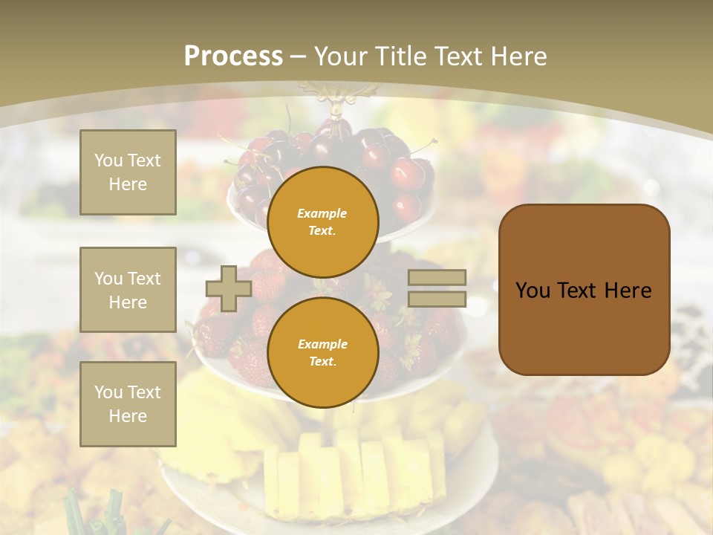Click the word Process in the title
click(x=233, y=56)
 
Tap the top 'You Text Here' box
click(x=128, y=172)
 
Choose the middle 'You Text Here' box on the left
click(x=128, y=290)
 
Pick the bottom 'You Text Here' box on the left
click(x=128, y=403)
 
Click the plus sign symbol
click(x=229, y=288)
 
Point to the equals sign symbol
click(x=437, y=288)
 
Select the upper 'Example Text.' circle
click(x=322, y=221)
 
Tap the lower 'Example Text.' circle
click(x=322, y=352)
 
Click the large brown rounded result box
click(x=584, y=290)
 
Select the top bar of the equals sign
click(x=437, y=278)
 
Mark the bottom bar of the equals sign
click(x=437, y=299)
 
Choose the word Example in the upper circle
click(x=322, y=213)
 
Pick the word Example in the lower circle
click(x=322, y=344)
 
